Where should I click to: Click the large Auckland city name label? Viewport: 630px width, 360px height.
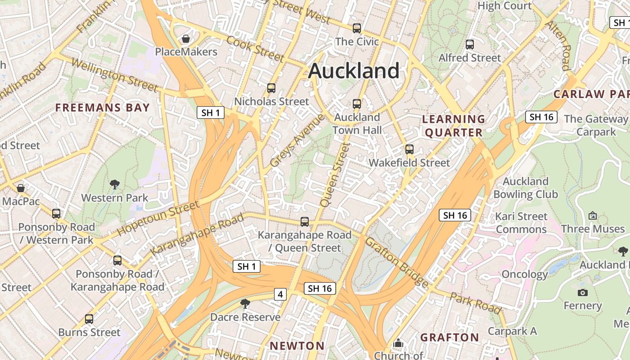click(354, 71)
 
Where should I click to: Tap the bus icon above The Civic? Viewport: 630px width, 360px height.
click(357, 28)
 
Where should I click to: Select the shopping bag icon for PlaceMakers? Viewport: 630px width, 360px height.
click(185, 39)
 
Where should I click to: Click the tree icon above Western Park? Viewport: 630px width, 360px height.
click(115, 184)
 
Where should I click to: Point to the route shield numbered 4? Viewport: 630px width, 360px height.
click(280, 294)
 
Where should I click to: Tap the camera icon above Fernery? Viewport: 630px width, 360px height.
click(583, 292)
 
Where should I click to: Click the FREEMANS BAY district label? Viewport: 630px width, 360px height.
click(102, 108)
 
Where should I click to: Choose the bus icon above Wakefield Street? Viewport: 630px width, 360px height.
click(409, 149)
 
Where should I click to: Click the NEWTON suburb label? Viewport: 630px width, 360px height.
click(297, 346)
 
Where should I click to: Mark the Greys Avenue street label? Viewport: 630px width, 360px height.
click(297, 140)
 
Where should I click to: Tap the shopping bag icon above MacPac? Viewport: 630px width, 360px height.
click(20, 188)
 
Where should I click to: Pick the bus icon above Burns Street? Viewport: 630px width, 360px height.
click(89, 319)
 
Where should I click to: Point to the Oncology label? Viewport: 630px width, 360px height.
click(525, 274)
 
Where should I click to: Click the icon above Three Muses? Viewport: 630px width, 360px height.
click(593, 216)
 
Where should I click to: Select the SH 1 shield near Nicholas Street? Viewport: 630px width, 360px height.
click(211, 112)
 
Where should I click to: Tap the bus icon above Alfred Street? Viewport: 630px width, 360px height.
click(470, 45)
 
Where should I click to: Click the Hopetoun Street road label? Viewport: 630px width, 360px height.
click(158, 218)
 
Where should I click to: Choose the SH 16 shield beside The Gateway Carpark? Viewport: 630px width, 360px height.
click(541, 117)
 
